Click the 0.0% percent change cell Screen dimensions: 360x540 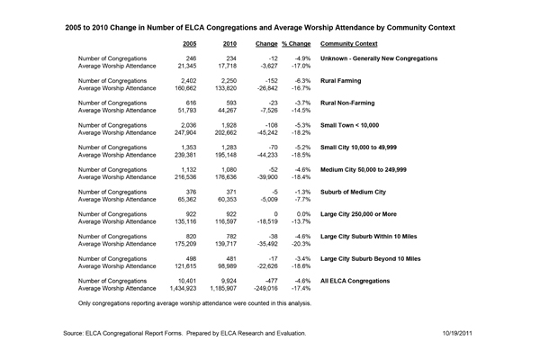(x=302, y=212)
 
